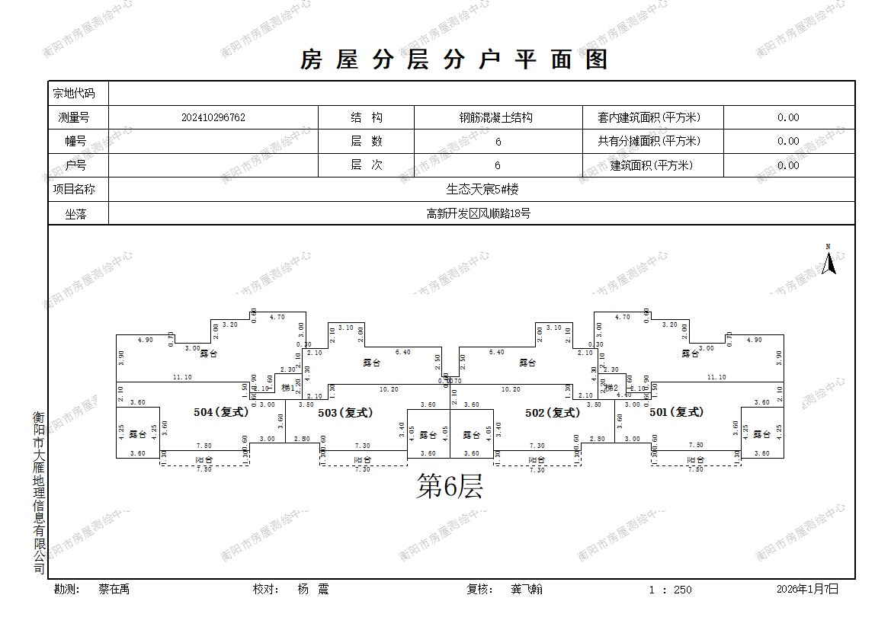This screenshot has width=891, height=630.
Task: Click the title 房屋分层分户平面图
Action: click(x=454, y=59)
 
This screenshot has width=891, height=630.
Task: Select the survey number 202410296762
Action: click(x=213, y=117)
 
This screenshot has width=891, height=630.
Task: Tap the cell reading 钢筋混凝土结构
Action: click(x=495, y=117)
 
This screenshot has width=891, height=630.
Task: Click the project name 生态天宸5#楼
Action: click(x=482, y=190)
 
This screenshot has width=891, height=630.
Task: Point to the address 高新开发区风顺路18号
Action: click(x=478, y=214)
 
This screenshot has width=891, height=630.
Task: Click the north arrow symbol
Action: click(x=829, y=261)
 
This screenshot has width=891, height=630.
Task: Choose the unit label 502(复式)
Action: click(x=553, y=412)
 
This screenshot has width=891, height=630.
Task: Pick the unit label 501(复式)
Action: click(x=676, y=412)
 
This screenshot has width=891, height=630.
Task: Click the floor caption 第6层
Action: click(x=449, y=486)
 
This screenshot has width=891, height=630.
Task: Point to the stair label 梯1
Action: click(x=287, y=389)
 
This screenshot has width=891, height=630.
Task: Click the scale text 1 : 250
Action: click(x=670, y=590)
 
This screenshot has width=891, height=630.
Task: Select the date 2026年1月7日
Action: click(x=807, y=589)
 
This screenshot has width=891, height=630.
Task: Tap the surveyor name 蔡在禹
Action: click(x=114, y=589)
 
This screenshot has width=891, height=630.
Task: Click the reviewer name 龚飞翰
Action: click(x=527, y=589)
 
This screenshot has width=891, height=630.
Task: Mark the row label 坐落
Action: click(x=76, y=214)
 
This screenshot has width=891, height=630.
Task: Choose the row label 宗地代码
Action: click(x=74, y=94)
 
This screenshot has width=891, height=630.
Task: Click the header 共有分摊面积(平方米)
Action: click(x=649, y=141)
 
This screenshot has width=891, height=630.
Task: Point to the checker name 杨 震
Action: click(x=312, y=589)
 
